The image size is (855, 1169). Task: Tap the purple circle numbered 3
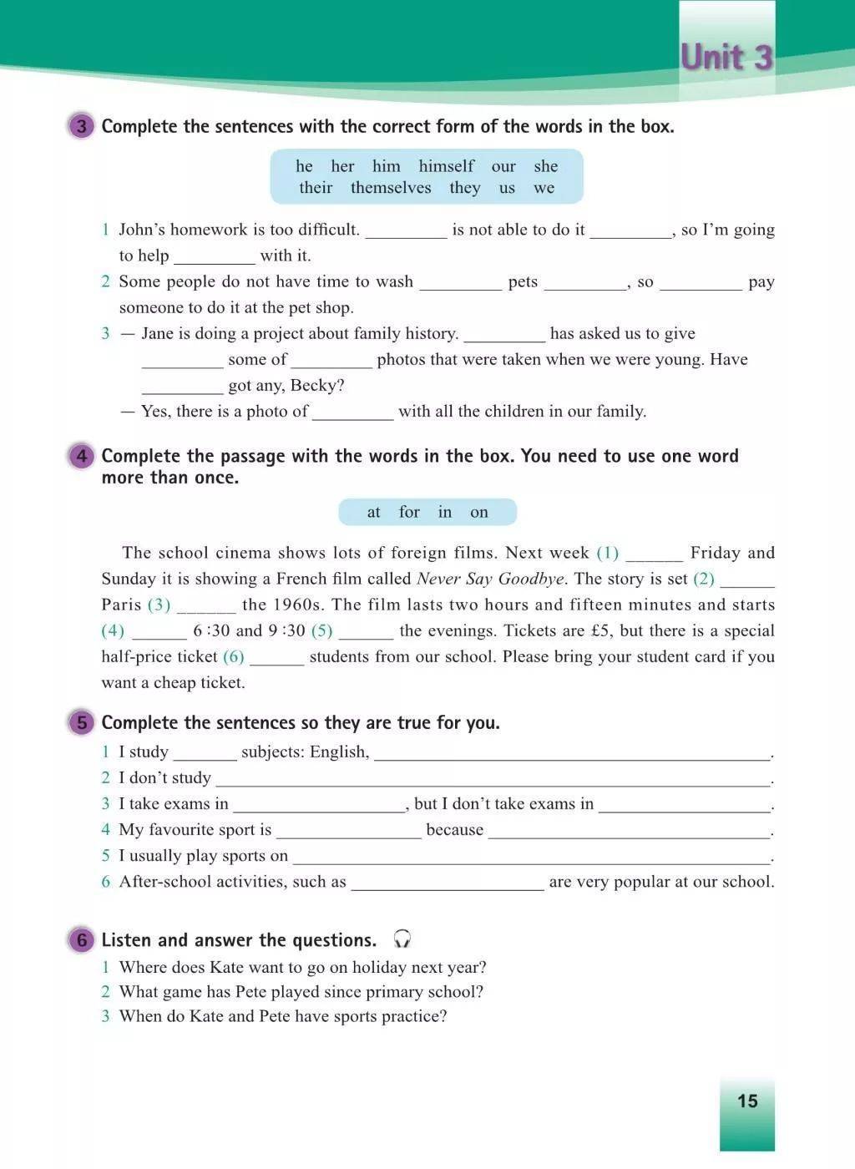81,127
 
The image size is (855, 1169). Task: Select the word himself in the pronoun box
446,166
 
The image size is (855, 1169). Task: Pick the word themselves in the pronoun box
391,188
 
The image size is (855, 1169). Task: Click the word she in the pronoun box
545,166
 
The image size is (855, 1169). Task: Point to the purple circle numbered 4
81,456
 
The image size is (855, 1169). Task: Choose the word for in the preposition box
409,512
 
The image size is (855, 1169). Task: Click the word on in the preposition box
478,512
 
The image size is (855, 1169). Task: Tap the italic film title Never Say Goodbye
491,579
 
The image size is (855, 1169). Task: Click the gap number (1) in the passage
607,553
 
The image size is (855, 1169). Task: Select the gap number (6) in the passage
233,656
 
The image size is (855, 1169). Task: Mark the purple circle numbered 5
81,722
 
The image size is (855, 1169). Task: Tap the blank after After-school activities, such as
447,883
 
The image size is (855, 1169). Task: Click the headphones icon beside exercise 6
402,939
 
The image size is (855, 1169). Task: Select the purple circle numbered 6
81,940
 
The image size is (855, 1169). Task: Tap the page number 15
747,1101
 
